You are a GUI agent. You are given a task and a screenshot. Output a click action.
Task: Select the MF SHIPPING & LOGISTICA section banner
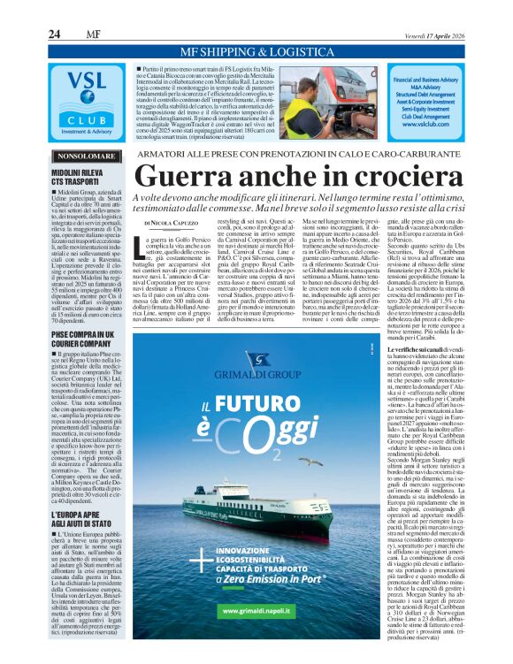coord(255,51)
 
